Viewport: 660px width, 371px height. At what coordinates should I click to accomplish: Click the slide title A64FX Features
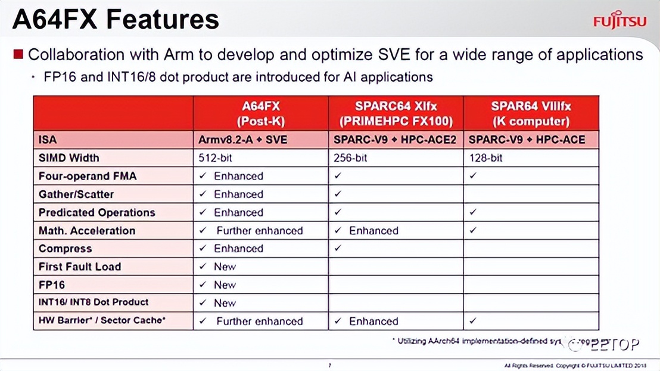[x=116, y=19]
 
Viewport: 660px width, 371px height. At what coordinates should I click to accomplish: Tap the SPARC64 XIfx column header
[x=396, y=113]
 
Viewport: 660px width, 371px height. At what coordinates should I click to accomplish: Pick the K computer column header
[x=531, y=113]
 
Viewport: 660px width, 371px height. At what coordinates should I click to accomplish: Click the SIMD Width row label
[x=69, y=158]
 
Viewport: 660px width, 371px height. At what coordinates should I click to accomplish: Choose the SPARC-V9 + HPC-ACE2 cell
[x=396, y=140]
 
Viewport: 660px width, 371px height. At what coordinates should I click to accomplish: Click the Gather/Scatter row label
[x=76, y=194]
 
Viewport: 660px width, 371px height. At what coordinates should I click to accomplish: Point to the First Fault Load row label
[x=80, y=267]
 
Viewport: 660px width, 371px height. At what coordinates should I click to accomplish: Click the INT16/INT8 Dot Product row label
[x=94, y=302]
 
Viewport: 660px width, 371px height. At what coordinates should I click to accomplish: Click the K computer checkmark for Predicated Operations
[x=474, y=212]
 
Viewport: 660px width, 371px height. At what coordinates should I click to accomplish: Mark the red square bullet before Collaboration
[x=18, y=55]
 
